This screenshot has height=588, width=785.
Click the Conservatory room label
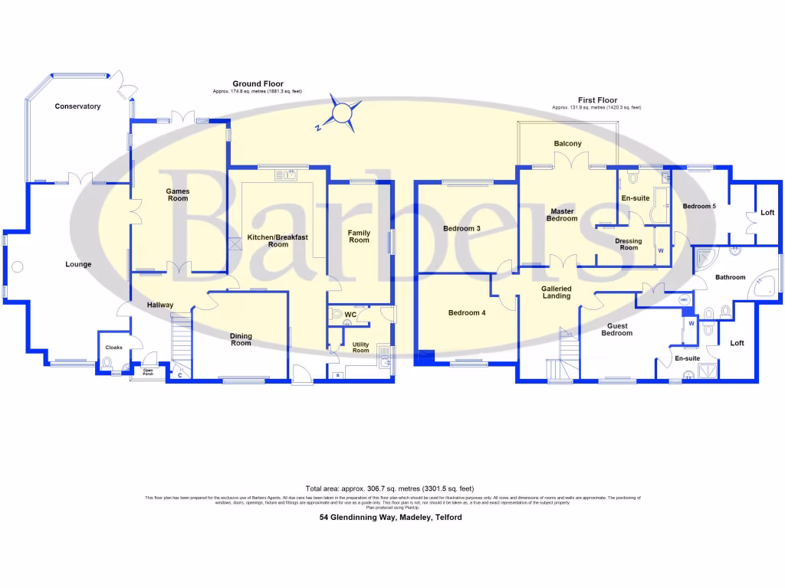(77, 106)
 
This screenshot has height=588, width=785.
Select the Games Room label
(178, 195)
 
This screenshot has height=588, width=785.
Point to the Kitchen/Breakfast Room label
(278, 241)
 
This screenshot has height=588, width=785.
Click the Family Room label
(359, 237)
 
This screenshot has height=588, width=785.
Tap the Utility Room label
(360, 348)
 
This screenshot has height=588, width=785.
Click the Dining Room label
(241, 339)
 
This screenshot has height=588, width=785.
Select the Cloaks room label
(113, 348)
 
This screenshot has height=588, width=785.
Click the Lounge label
(78, 264)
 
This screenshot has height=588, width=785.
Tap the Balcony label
(567, 144)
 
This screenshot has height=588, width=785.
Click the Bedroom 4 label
(467, 312)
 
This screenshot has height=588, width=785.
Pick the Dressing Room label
(629, 244)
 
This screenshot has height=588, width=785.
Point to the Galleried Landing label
(557, 292)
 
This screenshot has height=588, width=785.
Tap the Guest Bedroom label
(616, 329)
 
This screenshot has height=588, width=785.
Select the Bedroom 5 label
(699, 206)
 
